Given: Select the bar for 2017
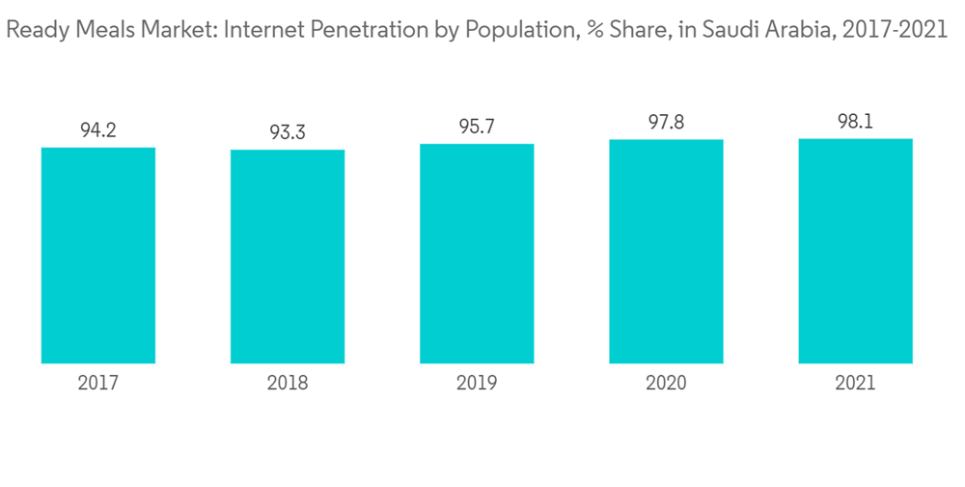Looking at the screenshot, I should (x=98, y=255).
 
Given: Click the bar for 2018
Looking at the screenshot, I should (x=288, y=256).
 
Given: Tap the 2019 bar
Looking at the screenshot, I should (x=477, y=253).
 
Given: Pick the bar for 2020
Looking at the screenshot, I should (x=666, y=251).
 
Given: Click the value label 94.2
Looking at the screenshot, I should (x=98, y=130).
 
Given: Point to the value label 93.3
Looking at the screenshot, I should (x=288, y=132).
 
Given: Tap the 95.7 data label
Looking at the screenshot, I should (x=477, y=127).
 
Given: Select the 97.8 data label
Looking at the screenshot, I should (x=666, y=122).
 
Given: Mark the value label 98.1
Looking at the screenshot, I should (x=855, y=121).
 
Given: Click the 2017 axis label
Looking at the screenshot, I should (x=98, y=384).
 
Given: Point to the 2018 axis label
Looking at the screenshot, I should (x=288, y=384).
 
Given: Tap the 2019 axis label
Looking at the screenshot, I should (x=477, y=384).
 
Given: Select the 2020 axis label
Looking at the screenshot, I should (x=666, y=384).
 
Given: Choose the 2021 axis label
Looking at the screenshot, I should (x=855, y=384).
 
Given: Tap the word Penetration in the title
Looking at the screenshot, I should (x=366, y=31).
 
